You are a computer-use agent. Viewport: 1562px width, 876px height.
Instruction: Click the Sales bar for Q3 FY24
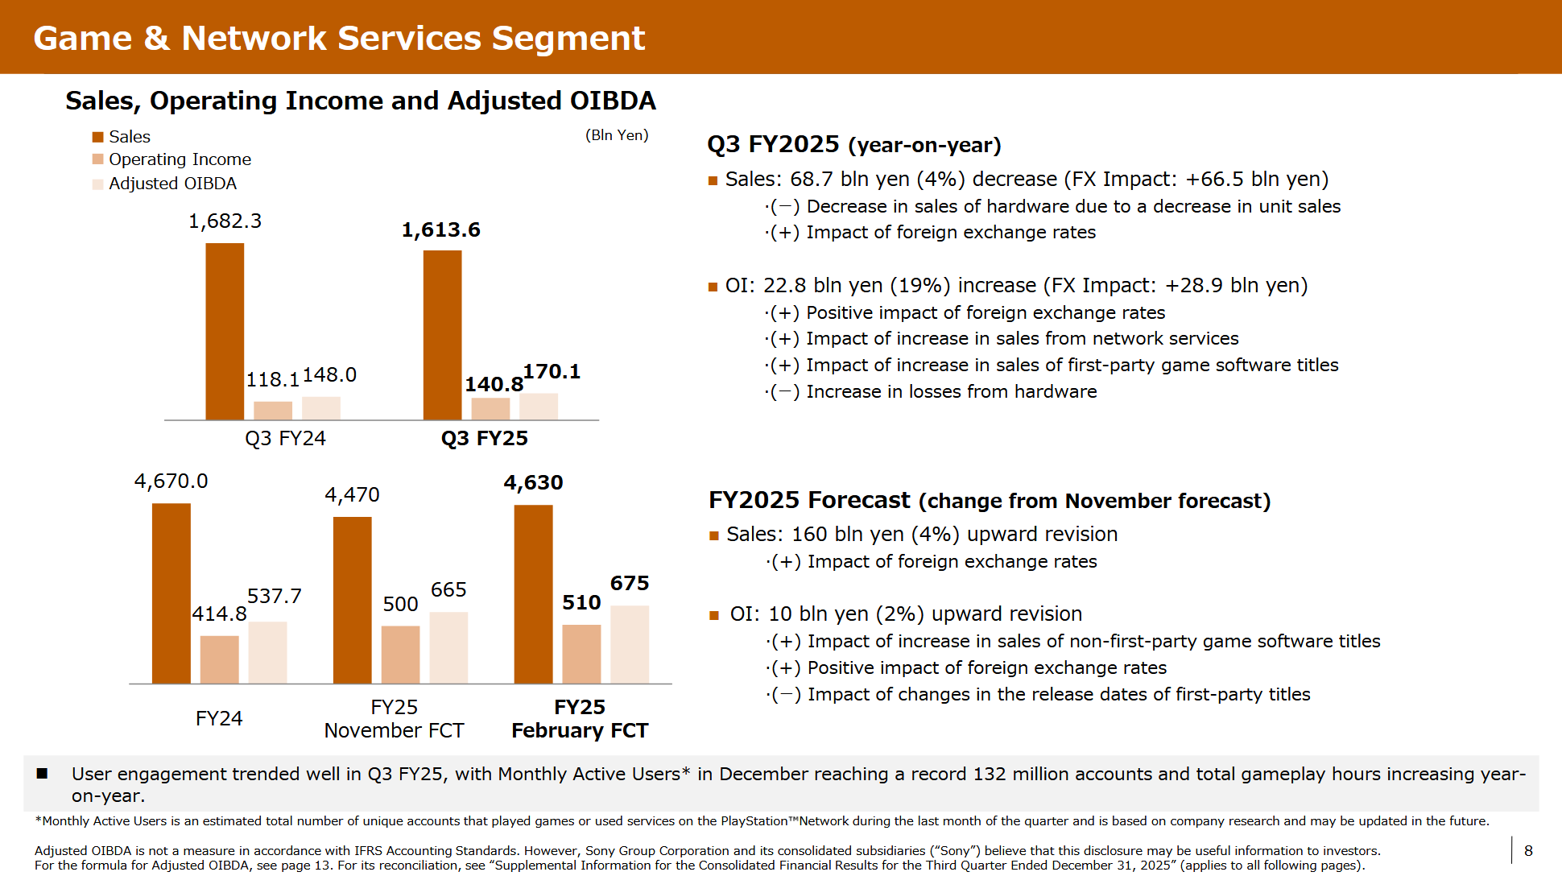[x=225, y=331]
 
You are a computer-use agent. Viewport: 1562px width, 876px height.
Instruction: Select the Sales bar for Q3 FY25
[x=442, y=335]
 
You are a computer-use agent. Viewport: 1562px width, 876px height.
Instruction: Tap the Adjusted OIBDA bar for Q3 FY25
[x=539, y=407]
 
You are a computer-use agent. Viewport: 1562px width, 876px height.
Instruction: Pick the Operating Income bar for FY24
[x=219, y=659]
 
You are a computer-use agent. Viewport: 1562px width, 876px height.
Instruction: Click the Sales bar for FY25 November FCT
[x=352, y=600]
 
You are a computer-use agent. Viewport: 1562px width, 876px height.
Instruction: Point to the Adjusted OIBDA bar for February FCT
[x=630, y=644]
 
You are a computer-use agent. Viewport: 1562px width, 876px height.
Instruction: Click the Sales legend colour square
[x=98, y=137]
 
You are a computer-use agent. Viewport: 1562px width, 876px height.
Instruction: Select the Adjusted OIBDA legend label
[x=172, y=184]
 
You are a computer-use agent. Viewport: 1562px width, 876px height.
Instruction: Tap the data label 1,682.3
[x=225, y=221]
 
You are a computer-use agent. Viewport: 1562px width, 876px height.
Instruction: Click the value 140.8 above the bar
[x=494, y=385]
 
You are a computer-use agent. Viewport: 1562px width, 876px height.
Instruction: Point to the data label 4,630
[x=533, y=483]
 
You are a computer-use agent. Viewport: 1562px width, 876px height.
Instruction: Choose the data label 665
[x=448, y=590]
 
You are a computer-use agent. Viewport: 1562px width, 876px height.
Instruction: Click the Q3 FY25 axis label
[x=484, y=439]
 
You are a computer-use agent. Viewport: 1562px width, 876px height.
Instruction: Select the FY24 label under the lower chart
[x=219, y=718]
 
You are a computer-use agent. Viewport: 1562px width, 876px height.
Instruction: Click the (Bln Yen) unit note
[x=617, y=135]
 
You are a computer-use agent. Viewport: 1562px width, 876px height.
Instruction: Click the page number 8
[x=1528, y=851]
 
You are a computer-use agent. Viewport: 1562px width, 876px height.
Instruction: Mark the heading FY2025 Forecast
[x=809, y=500]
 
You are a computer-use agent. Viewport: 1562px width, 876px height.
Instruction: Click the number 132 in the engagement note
[x=990, y=775]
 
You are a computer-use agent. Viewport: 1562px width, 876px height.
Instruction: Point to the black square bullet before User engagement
[x=42, y=774]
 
